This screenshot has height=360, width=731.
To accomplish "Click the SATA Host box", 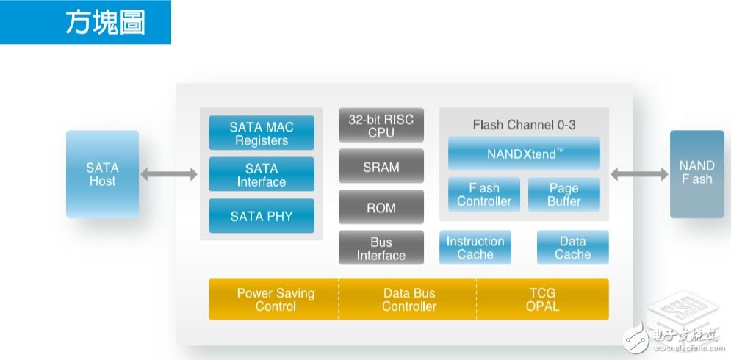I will coord(102,174).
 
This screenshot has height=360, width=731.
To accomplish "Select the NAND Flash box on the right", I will coord(696,173).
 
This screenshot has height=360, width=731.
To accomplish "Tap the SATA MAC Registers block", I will coord(262,134).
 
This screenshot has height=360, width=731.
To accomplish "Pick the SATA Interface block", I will coord(262,175).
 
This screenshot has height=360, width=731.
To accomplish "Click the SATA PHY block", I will coord(262,216).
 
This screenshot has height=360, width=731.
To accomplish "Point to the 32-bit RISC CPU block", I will coord(381,126).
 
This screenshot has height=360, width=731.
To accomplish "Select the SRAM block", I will coord(381,167).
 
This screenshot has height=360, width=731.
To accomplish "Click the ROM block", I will coord(381,208).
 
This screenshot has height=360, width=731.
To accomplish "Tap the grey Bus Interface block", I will coord(381,248).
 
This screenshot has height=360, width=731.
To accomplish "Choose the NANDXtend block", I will coord(524,154).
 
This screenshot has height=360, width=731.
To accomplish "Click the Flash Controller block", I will coord(484,195).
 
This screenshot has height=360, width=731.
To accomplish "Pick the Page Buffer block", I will coord(563,195).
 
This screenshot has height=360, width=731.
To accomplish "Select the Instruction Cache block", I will coord(475,248).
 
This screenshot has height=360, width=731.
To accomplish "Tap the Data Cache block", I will coord(572,248).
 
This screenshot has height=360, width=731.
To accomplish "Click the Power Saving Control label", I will coord(276,299).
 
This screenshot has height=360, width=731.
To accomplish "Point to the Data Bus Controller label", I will coord(409,299).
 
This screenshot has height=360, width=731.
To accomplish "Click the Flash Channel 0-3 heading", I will coord(524,125).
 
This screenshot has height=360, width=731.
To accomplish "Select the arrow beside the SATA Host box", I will coord(169,174).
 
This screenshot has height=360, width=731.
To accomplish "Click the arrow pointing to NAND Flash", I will coord(639,174).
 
